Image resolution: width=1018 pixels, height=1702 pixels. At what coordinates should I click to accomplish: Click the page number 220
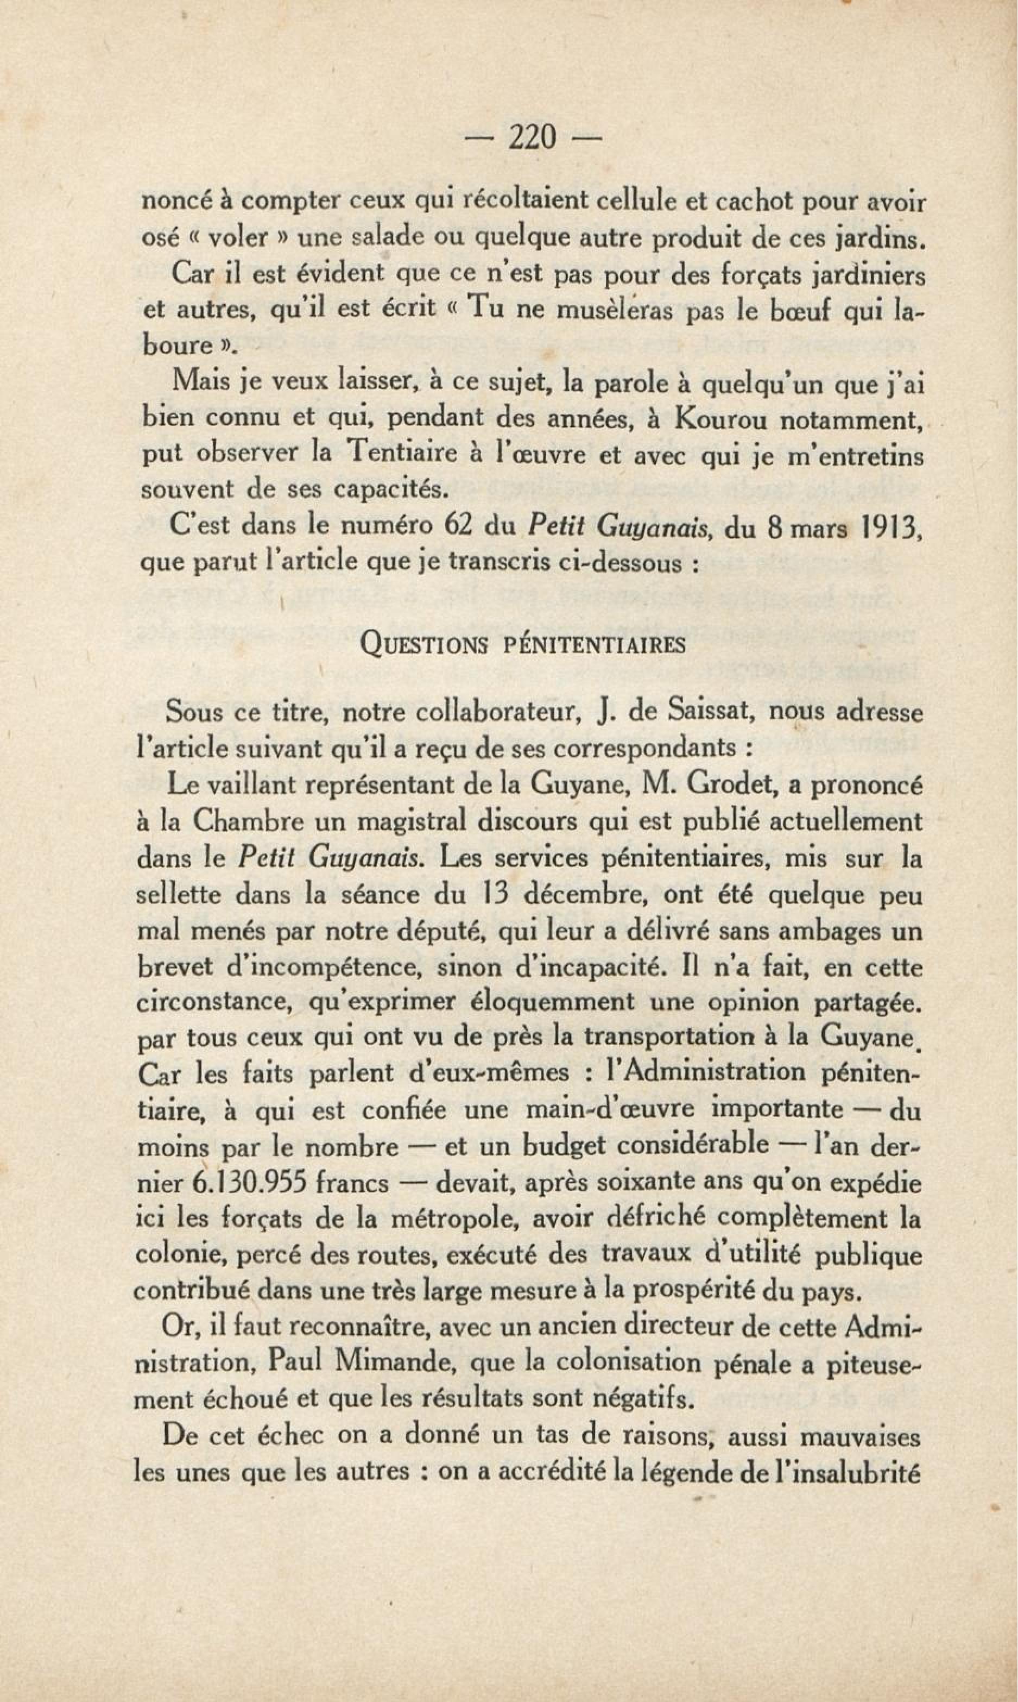[x=532, y=139]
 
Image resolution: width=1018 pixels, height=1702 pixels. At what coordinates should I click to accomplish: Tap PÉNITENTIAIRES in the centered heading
[x=594, y=646]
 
